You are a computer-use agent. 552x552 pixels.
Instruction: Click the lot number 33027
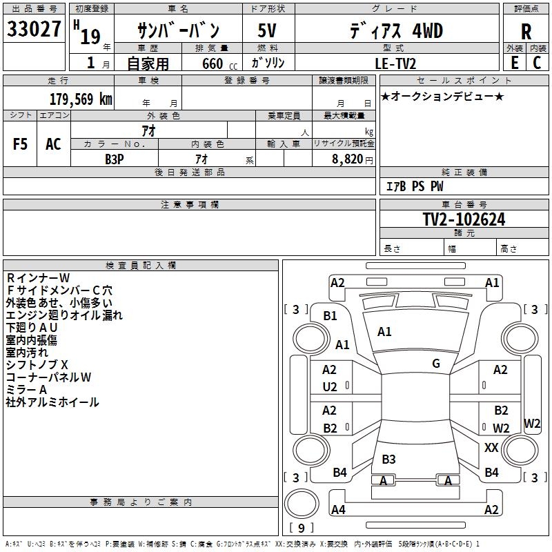pyautogui.click(x=34, y=30)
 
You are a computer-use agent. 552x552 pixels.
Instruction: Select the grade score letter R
pyautogui.click(x=526, y=31)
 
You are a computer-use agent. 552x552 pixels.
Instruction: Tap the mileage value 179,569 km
pyautogui.click(x=81, y=99)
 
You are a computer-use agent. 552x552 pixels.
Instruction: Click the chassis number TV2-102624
pyautogui.click(x=464, y=219)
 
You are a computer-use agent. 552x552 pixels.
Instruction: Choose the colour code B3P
pyautogui.click(x=115, y=158)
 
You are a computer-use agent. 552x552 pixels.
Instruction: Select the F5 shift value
pyautogui.click(x=21, y=144)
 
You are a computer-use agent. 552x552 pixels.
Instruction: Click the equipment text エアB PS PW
pyautogui.click(x=415, y=186)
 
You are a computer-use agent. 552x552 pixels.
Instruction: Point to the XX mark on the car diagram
pyautogui.click(x=491, y=448)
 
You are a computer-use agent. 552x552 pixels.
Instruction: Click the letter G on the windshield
pyautogui.click(x=436, y=364)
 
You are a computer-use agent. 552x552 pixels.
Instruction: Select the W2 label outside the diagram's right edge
pyautogui.click(x=532, y=423)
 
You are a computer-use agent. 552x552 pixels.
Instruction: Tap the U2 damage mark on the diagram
pyautogui.click(x=330, y=387)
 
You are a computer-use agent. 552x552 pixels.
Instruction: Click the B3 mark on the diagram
pyautogui.click(x=388, y=459)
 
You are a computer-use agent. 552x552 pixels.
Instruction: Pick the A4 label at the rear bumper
pyautogui.click(x=338, y=510)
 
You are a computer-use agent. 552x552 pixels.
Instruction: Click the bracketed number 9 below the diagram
pyautogui.click(x=301, y=528)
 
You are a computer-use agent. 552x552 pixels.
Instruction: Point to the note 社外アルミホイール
pyautogui.click(x=52, y=402)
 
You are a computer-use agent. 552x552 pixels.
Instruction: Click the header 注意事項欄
pyautogui.click(x=190, y=205)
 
